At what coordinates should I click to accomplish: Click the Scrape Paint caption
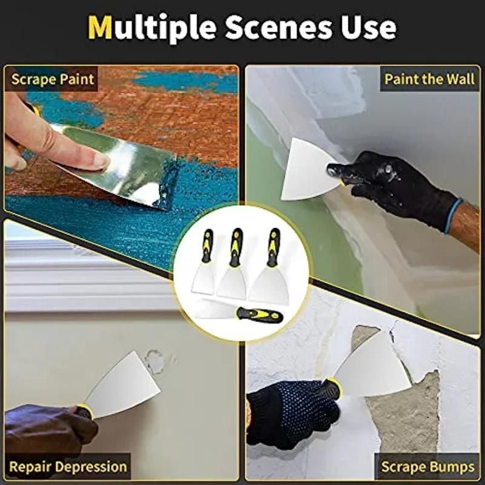pos(52,79)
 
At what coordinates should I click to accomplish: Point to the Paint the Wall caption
pos(429,79)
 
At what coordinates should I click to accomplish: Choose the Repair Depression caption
pos(68,467)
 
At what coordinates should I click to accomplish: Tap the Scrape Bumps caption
pos(427,467)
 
